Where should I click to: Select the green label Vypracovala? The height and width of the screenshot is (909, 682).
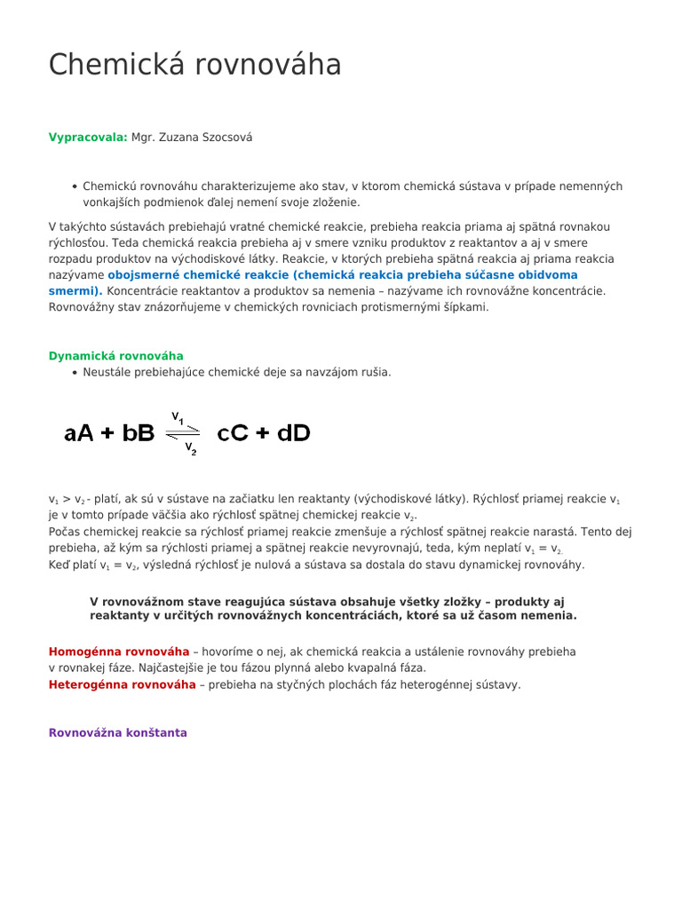tap(88, 138)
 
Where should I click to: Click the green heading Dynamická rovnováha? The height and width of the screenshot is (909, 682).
tap(115, 356)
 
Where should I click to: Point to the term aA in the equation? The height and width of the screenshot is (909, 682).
tap(81, 433)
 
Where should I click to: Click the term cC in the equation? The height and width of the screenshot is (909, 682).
tap(235, 433)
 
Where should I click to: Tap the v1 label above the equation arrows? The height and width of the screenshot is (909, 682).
tap(178, 416)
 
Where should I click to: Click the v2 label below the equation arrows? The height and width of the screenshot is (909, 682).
tap(190, 449)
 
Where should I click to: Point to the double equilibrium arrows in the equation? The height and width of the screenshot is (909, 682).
tap(184, 433)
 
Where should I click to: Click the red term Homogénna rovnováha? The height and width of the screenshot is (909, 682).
tap(119, 652)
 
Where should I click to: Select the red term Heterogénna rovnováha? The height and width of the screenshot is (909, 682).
tap(122, 685)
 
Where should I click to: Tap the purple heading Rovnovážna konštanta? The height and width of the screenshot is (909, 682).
tap(117, 733)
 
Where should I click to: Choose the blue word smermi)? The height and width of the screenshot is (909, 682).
tap(75, 291)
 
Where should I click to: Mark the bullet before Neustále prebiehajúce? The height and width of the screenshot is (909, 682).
tap(75, 373)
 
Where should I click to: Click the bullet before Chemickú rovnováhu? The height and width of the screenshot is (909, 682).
tap(75, 187)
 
